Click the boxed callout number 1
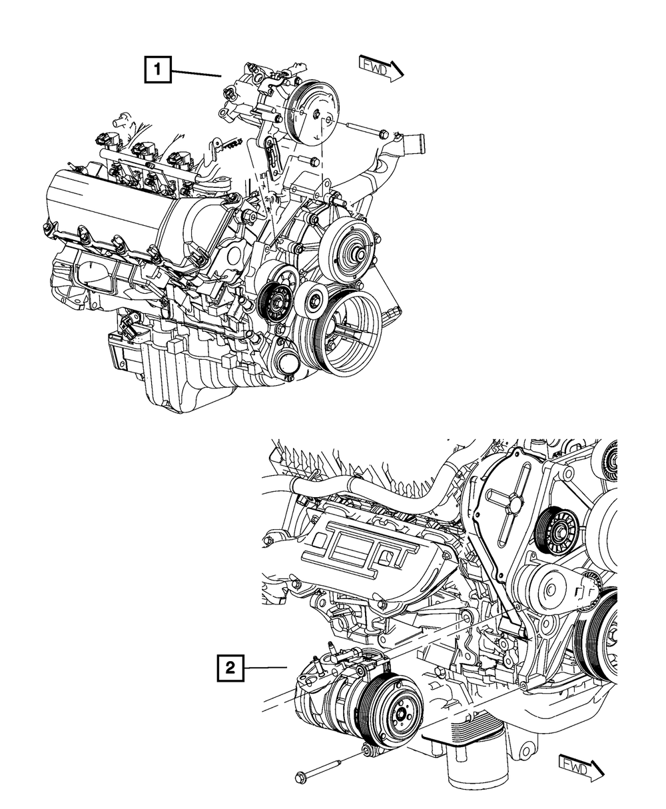click(158, 69)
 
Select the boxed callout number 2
click(230, 667)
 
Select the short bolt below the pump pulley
click(310, 162)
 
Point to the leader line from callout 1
click(196, 73)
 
